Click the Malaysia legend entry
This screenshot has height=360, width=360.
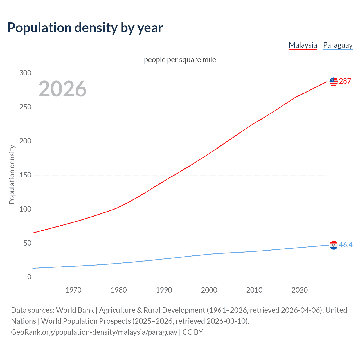pos(303,45)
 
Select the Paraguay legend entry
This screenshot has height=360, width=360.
pos(337,45)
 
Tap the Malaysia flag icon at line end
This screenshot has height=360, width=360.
pos(334,82)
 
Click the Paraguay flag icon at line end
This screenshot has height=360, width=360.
pos(334,245)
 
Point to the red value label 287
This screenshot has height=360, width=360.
pos(345,81)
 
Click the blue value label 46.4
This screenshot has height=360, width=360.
pos(346,245)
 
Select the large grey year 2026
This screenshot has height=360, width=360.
pos(62,89)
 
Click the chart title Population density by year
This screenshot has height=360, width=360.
pos(85,28)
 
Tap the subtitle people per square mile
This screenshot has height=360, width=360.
pos(180,60)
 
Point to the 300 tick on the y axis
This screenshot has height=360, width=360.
pos(25,73)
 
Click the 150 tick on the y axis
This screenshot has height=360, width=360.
pos(25,175)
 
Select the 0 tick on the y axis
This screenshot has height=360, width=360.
pos(29,277)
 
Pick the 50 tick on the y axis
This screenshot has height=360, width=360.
pos(27,243)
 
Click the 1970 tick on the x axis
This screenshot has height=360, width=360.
pos(73,290)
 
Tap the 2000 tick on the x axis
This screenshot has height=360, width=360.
pos(209,290)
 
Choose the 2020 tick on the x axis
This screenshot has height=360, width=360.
pos(300,290)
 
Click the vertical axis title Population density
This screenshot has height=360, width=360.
pos(12,174)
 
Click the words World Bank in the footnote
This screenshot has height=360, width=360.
pos(75,310)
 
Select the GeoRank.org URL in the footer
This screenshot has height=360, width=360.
pos(94,332)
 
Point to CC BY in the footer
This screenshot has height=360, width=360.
pos(193,332)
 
